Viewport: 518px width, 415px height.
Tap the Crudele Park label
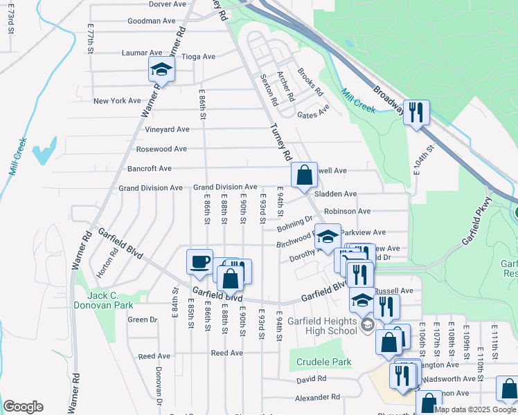tap(324, 362)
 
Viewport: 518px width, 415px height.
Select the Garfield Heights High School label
tap(323, 326)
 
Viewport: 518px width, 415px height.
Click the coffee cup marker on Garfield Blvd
tap(199, 262)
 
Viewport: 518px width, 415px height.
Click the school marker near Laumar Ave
tap(161, 69)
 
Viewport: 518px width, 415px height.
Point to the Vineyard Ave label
tap(167, 129)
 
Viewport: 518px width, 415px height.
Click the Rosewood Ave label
tap(161, 149)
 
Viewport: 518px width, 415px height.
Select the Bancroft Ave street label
tap(149, 168)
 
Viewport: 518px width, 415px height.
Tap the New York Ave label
tap(117, 101)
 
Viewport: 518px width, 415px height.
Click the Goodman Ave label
tap(152, 21)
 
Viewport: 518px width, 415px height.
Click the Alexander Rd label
tap(318, 398)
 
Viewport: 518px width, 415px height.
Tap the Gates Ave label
tap(313, 116)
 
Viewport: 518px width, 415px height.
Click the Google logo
tap(23, 407)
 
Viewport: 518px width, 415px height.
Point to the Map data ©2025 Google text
tap(476, 409)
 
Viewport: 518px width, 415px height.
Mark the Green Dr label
tap(143, 320)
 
